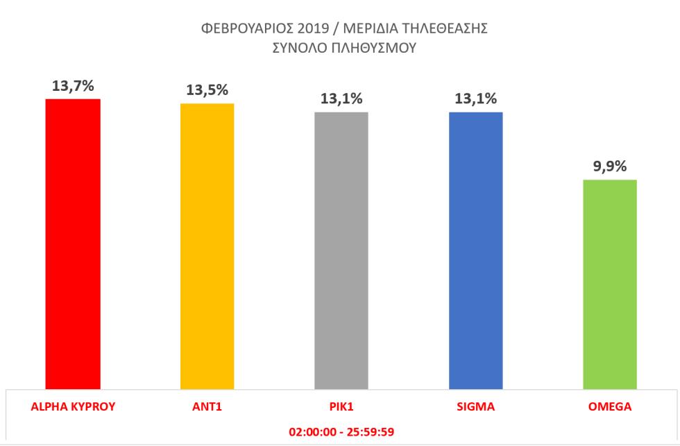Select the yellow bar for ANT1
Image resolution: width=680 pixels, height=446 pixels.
(207, 246)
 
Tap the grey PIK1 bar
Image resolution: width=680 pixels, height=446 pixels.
(341, 250)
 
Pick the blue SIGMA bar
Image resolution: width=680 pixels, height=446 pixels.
(476, 250)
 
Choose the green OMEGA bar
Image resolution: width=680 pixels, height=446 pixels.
(610, 284)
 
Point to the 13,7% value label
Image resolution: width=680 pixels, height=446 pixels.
(73, 86)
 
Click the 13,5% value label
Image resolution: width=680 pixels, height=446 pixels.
(207, 91)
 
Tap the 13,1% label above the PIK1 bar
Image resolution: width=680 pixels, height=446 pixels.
(341, 99)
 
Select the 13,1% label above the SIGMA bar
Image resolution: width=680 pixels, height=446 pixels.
(476, 99)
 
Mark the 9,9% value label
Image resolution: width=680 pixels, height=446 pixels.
(610, 167)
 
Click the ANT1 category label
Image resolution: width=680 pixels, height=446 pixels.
(207, 407)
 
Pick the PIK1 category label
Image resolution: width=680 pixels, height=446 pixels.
(341, 407)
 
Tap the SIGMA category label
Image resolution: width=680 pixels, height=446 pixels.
(476, 407)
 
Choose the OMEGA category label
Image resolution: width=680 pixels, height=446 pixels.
(610, 407)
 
